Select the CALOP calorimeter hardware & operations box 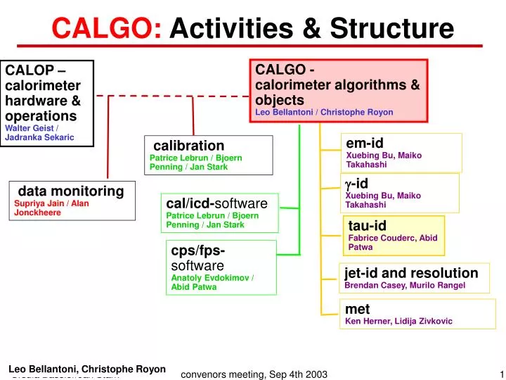(x=47, y=103)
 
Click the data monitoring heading (x=71, y=191)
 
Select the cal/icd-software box (x=219, y=213)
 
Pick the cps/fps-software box (x=221, y=267)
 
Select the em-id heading (x=365, y=144)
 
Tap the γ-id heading (x=356, y=184)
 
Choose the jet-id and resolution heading (x=411, y=273)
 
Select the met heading (x=357, y=309)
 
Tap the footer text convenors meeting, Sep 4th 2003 (x=254, y=374)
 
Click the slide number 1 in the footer (x=502, y=374)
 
